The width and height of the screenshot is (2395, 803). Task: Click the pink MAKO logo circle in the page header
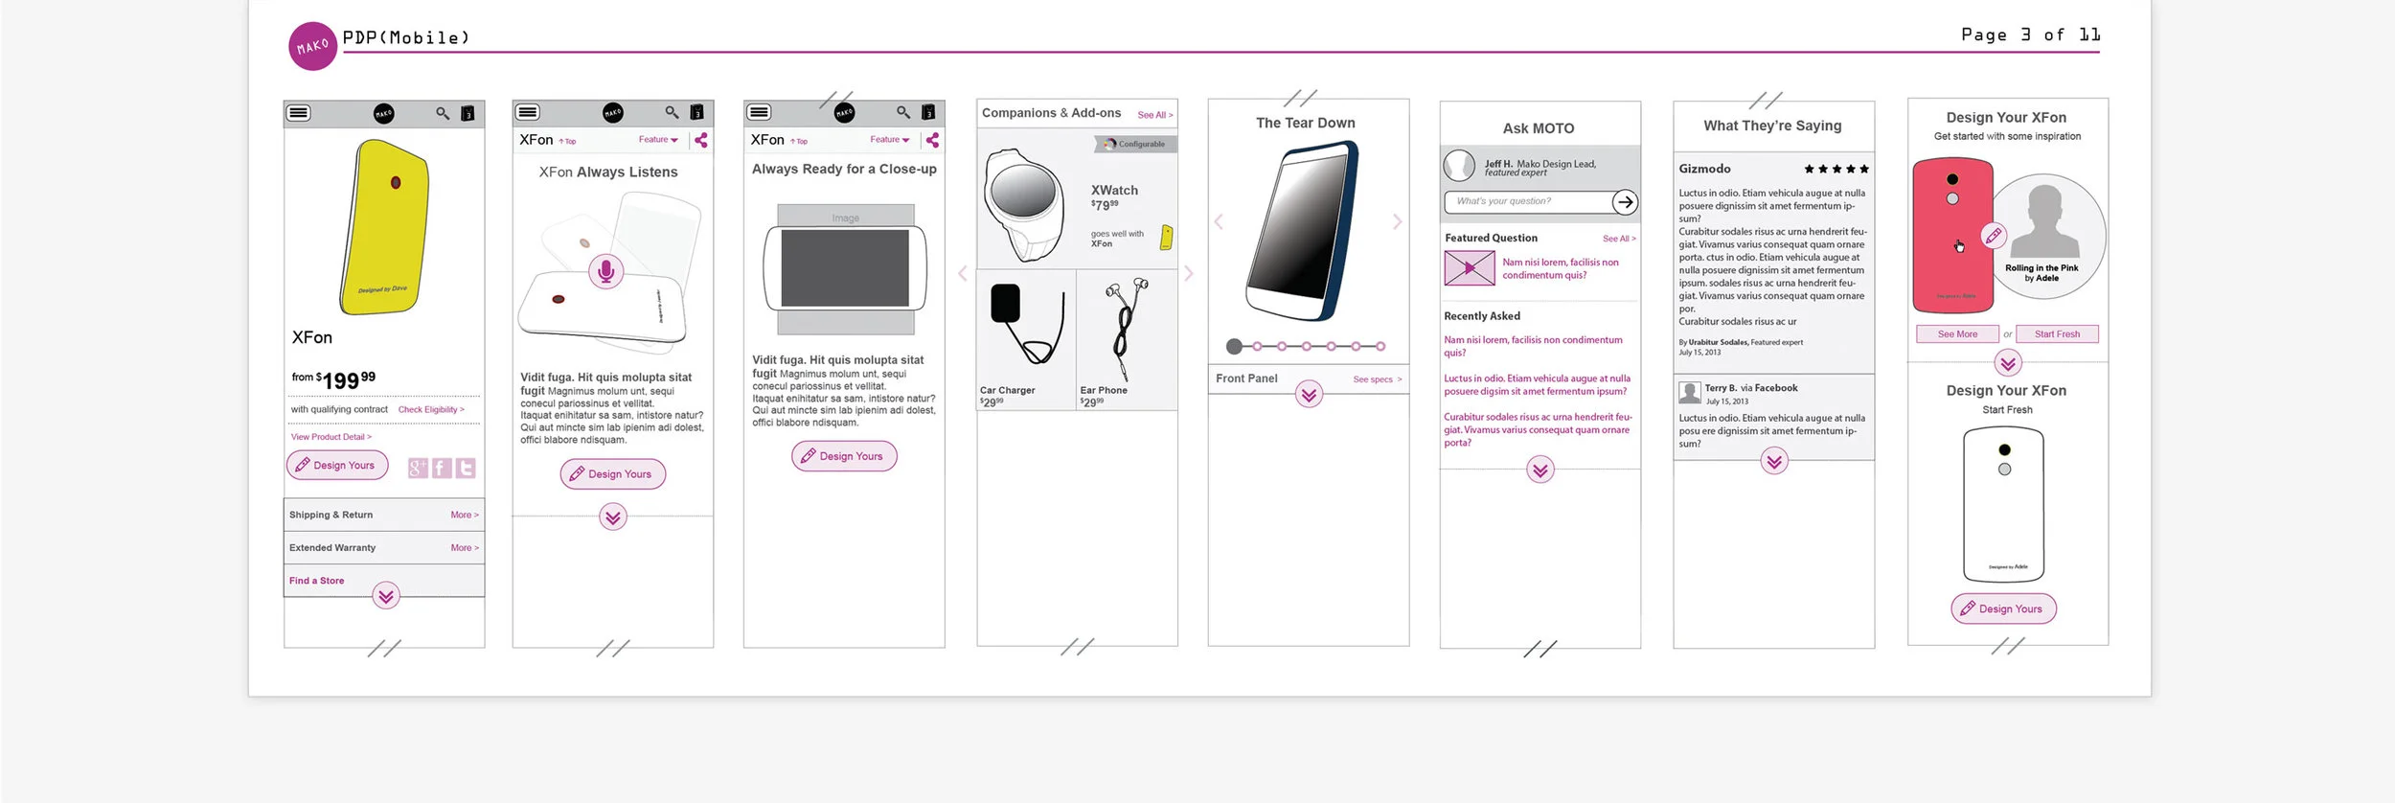(x=312, y=46)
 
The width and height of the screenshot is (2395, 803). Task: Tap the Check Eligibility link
(x=430, y=410)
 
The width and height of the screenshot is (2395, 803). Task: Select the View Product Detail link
(x=331, y=437)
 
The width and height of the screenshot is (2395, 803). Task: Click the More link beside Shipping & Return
(x=465, y=516)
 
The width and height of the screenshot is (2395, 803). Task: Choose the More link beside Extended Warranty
(x=465, y=548)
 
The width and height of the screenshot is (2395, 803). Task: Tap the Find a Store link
(x=317, y=581)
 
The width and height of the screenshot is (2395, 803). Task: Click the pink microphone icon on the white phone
(x=605, y=272)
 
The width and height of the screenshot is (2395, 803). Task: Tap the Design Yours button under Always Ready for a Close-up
(x=844, y=456)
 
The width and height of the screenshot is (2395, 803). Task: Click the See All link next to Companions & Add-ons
(x=1154, y=115)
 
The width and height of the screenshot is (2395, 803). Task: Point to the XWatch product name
(x=1114, y=191)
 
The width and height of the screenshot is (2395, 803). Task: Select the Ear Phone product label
(x=1104, y=391)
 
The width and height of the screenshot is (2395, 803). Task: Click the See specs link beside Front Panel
(x=1377, y=379)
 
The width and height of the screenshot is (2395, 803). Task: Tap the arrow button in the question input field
(x=1624, y=202)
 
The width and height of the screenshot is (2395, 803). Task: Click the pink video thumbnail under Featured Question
(x=1469, y=268)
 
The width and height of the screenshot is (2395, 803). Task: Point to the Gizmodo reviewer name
(x=1704, y=169)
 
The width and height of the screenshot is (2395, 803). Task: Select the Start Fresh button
(x=2057, y=334)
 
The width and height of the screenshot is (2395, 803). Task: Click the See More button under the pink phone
(x=1957, y=334)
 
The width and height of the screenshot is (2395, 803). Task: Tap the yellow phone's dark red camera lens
(x=395, y=182)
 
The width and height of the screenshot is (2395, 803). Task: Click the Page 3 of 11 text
(x=2030, y=35)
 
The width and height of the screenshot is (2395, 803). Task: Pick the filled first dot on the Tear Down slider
(x=1234, y=347)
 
